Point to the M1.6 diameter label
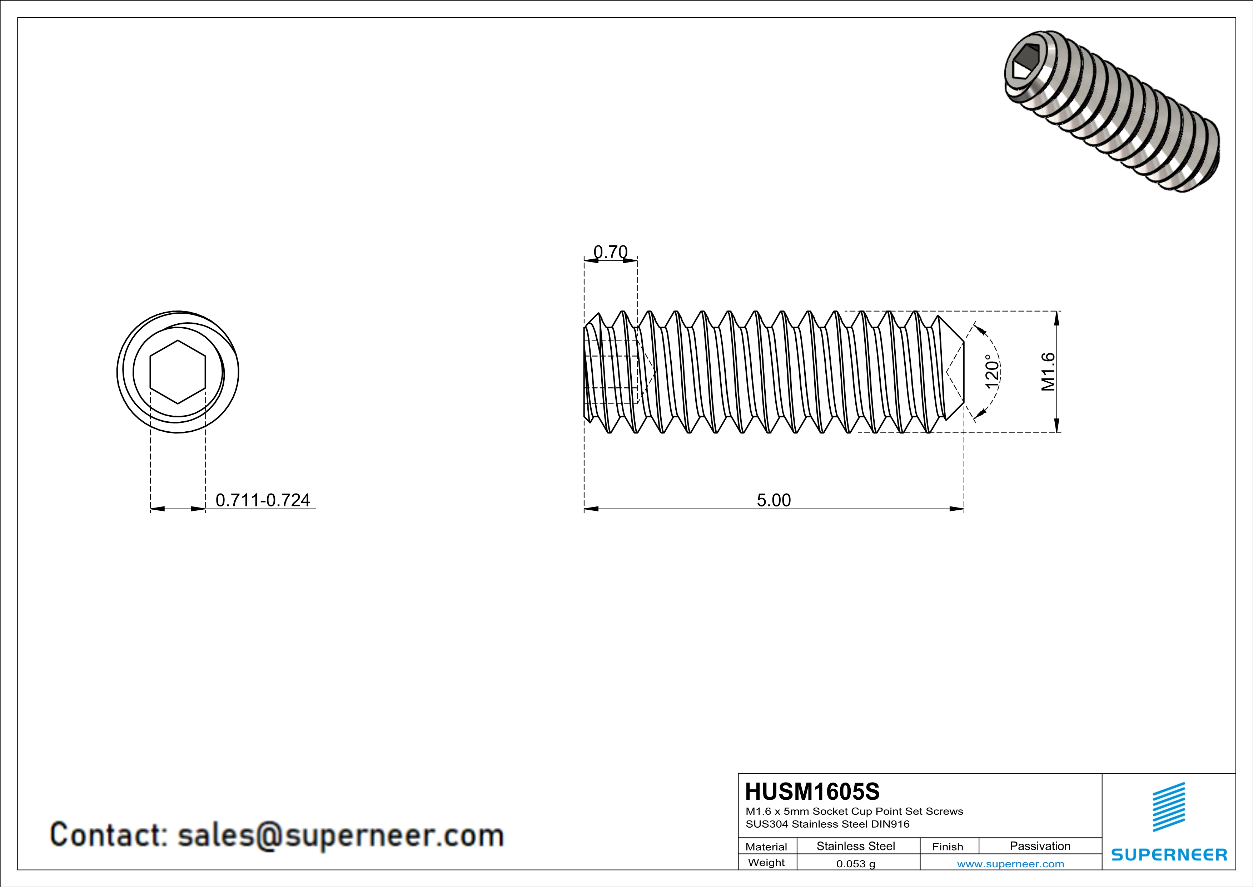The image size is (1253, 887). (x=1048, y=372)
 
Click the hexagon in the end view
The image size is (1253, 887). (x=178, y=372)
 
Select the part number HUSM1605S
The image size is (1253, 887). (x=812, y=792)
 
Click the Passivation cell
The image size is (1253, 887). (x=1040, y=846)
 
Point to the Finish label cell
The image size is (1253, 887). (x=948, y=847)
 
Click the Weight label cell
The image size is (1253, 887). (x=766, y=862)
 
